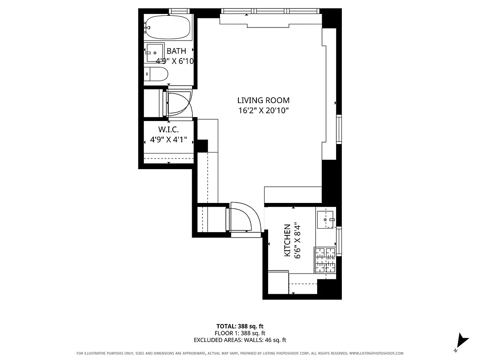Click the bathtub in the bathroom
click(167, 27)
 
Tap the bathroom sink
click(155, 52)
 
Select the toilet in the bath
click(156, 74)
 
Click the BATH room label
click(176, 51)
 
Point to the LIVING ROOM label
click(263, 100)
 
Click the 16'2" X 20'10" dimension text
click(263, 110)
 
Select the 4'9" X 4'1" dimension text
click(169, 139)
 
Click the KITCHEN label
click(287, 241)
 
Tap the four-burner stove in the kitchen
click(325, 261)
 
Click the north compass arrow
click(462, 341)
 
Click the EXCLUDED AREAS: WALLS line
click(240, 340)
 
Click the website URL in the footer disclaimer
click(376, 353)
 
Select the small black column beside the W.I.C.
click(202, 146)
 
